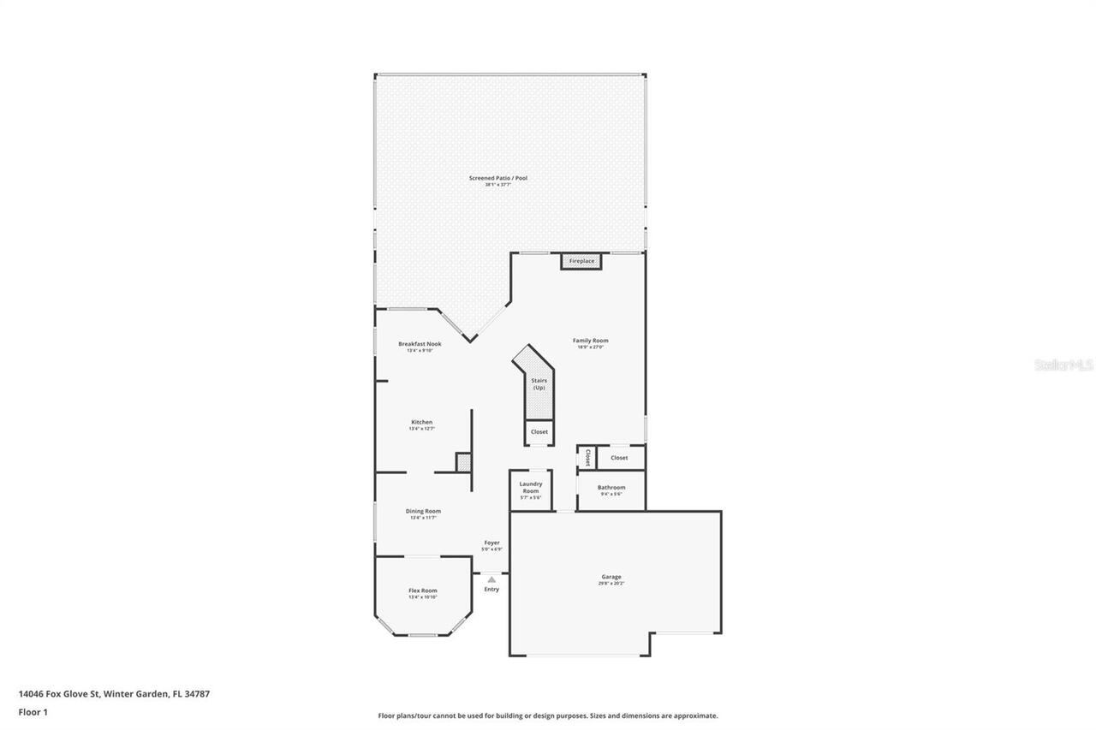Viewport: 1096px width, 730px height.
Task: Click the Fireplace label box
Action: coord(581,261)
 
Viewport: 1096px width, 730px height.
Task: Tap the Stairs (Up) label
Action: coord(539,383)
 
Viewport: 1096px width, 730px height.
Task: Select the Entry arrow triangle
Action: coord(491,579)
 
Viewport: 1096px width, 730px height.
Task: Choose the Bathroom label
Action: coord(611,488)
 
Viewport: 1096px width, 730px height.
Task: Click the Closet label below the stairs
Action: coord(539,432)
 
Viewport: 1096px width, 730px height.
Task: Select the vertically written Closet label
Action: coord(587,458)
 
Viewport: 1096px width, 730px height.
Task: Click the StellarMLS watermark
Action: coord(1063,365)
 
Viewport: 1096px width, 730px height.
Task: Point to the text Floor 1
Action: coord(33,711)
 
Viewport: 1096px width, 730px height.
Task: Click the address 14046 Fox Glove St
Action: coord(59,694)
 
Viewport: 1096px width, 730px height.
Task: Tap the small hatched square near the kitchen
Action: coord(463,462)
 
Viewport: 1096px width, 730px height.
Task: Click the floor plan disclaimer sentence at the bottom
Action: coord(548,715)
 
